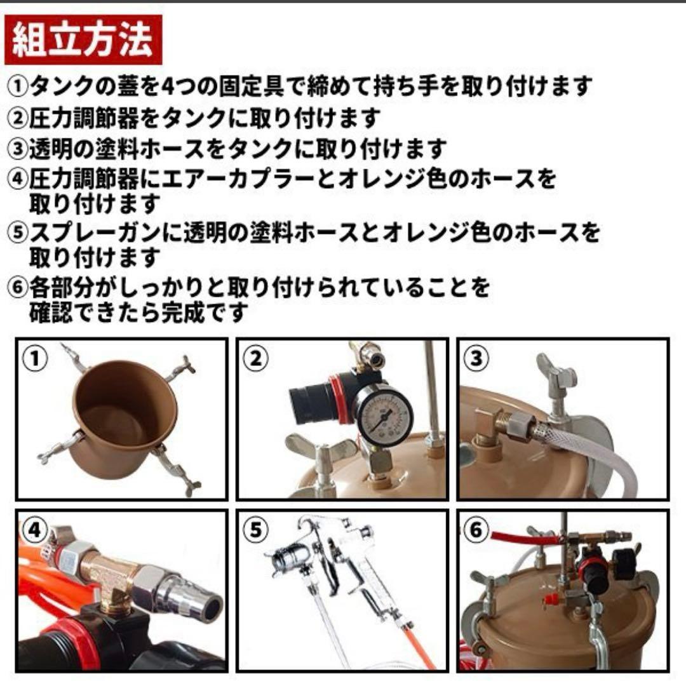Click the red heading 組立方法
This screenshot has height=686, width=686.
83,40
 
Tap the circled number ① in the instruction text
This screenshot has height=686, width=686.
18,86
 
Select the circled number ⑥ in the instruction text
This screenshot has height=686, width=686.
18,288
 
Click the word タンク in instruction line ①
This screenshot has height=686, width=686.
72,86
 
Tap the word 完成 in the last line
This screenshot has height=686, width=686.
183,313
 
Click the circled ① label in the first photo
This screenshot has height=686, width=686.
34,359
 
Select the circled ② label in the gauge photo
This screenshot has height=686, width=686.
255,359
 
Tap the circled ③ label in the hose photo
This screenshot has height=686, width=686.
476,359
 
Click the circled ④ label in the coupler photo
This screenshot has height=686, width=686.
34,530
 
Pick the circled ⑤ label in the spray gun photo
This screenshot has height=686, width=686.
255,530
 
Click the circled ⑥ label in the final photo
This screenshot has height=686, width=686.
476,530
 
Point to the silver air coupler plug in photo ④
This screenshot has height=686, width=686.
184,595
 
